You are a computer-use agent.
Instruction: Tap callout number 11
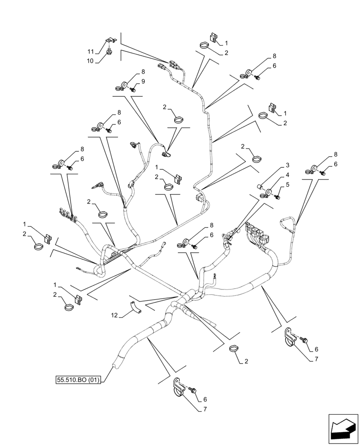click(x=90, y=52)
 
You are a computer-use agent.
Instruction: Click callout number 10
click(x=90, y=61)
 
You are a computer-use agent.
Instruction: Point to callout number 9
click(x=143, y=82)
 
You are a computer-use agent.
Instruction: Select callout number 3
click(x=288, y=165)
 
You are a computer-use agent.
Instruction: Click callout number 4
click(x=288, y=175)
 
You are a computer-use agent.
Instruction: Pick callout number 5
click(x=288, y=184)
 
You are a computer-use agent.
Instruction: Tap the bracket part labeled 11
click(x=110, y=42)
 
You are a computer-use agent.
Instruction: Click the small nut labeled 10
click(x=110, y=53)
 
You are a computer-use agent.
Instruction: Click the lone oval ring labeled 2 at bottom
click(x=233, y=348)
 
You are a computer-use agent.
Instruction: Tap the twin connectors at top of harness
click(x=168, y=66)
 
